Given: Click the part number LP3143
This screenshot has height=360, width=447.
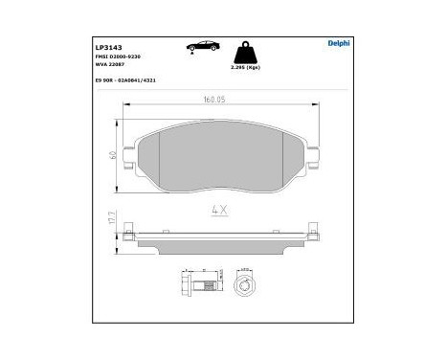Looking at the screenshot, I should [x=107, y=44].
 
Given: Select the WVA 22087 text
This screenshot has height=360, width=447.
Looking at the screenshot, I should [x=111, y=65].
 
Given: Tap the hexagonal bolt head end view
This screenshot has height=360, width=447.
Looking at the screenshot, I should [x=244, y=285].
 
